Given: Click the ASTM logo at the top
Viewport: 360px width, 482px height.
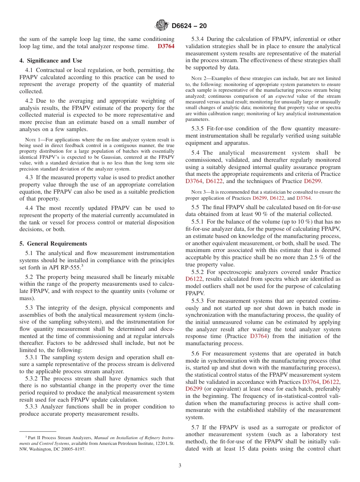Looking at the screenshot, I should click(x=162, y=25).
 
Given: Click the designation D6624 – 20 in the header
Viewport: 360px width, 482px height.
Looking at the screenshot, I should click(x=189, y=26).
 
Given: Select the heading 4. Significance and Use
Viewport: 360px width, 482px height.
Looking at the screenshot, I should click(x=51, y=61).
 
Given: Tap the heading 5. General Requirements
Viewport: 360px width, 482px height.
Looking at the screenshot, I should click(x=53, y=244).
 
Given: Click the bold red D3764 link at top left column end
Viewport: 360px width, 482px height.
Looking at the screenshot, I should click(x=166, y=46).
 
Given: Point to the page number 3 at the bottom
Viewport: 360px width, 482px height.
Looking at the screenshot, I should click(x=180, y=466).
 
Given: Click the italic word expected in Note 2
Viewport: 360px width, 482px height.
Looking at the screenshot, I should click(x=284, y=96).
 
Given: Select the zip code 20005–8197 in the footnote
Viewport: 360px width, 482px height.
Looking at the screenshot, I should click(x=72, y=449).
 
